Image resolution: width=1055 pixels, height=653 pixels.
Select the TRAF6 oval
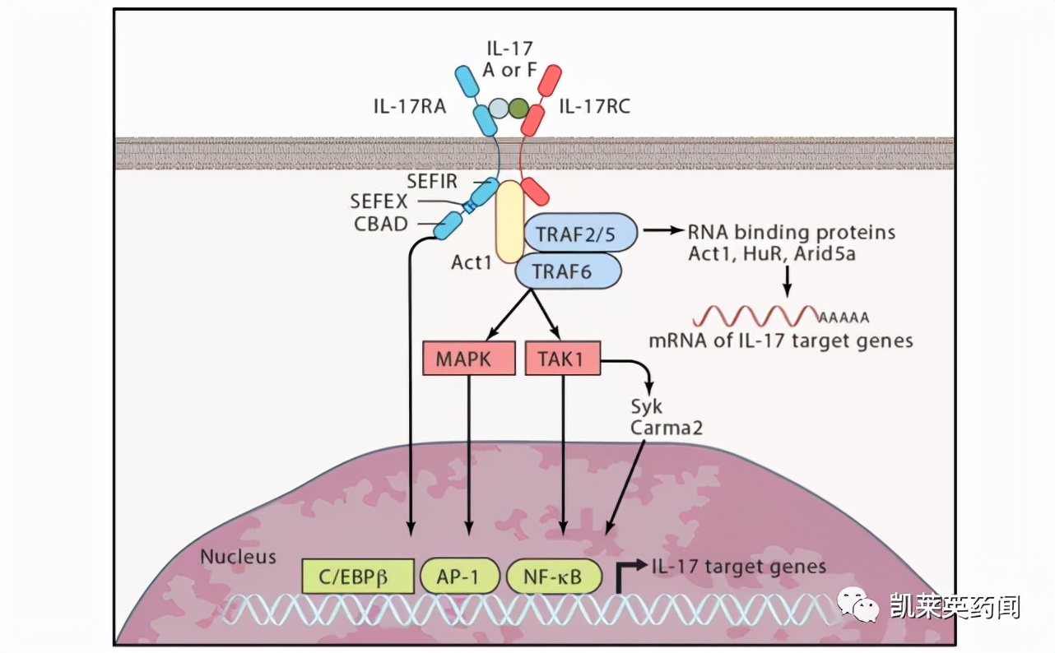(x=569, y=271)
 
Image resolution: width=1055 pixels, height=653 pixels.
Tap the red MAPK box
(x=469, y=358)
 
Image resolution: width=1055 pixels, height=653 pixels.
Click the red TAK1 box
(x=563, y=358)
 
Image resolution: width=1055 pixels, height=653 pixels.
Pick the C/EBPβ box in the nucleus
(x=358, y=576)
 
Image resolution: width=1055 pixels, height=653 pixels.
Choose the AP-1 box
(x=461, y=576)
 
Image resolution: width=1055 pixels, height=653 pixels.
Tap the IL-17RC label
(x=594, y=105)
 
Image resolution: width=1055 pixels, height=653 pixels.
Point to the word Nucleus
(x=239, y=557)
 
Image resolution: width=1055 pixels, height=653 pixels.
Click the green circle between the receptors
(x=519, y=108)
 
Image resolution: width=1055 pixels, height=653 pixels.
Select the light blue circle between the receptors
(x=499, y=108)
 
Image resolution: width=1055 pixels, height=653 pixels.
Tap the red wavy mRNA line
(x=755, y=316)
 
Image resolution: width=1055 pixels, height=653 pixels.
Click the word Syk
(x=646, y=406)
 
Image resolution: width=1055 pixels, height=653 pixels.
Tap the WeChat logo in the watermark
(x=858, y=606)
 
